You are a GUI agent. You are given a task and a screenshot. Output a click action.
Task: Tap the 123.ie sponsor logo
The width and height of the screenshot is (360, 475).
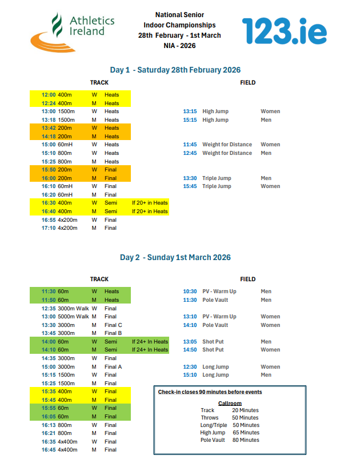click(284, 31)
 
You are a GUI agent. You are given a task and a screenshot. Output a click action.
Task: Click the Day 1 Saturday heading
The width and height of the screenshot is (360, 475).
click(175, 70)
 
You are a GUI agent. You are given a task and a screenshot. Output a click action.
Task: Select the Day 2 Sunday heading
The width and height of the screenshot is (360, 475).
click(175, 257)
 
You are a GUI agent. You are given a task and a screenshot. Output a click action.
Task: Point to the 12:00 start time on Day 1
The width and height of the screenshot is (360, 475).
click(49, 95)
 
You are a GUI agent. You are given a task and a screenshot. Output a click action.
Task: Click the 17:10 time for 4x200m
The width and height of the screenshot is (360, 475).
click(49, 228)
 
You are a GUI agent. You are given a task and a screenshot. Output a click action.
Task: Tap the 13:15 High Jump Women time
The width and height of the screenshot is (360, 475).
click(190, 111)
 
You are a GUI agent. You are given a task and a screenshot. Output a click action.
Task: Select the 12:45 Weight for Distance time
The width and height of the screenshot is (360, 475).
click(190, 153)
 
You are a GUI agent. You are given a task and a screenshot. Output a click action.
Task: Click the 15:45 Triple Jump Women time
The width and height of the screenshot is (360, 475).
click(190, 186)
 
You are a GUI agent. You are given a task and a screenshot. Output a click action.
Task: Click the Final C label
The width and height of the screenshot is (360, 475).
click(113, 325)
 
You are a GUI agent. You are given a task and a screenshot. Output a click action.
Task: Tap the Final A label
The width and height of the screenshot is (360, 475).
click(113, 367)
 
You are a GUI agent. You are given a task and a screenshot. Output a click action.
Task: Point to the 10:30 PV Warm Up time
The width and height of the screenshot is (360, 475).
click(190, 292)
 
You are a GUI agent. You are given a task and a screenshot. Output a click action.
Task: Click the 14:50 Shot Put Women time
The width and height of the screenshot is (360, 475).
click(190, 350)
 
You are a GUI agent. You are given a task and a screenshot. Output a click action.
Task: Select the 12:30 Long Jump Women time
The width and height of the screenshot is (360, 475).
click(190, 367)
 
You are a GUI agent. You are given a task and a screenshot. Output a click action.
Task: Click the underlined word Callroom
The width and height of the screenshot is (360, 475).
click(230, 403)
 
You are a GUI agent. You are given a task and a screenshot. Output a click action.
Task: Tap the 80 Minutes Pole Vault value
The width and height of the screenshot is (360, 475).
click(245, 440)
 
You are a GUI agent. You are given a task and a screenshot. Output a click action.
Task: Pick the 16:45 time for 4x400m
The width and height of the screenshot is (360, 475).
click(49, 450)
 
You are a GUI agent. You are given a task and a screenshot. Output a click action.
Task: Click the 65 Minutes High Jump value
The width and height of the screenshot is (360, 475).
click(245, 433)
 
